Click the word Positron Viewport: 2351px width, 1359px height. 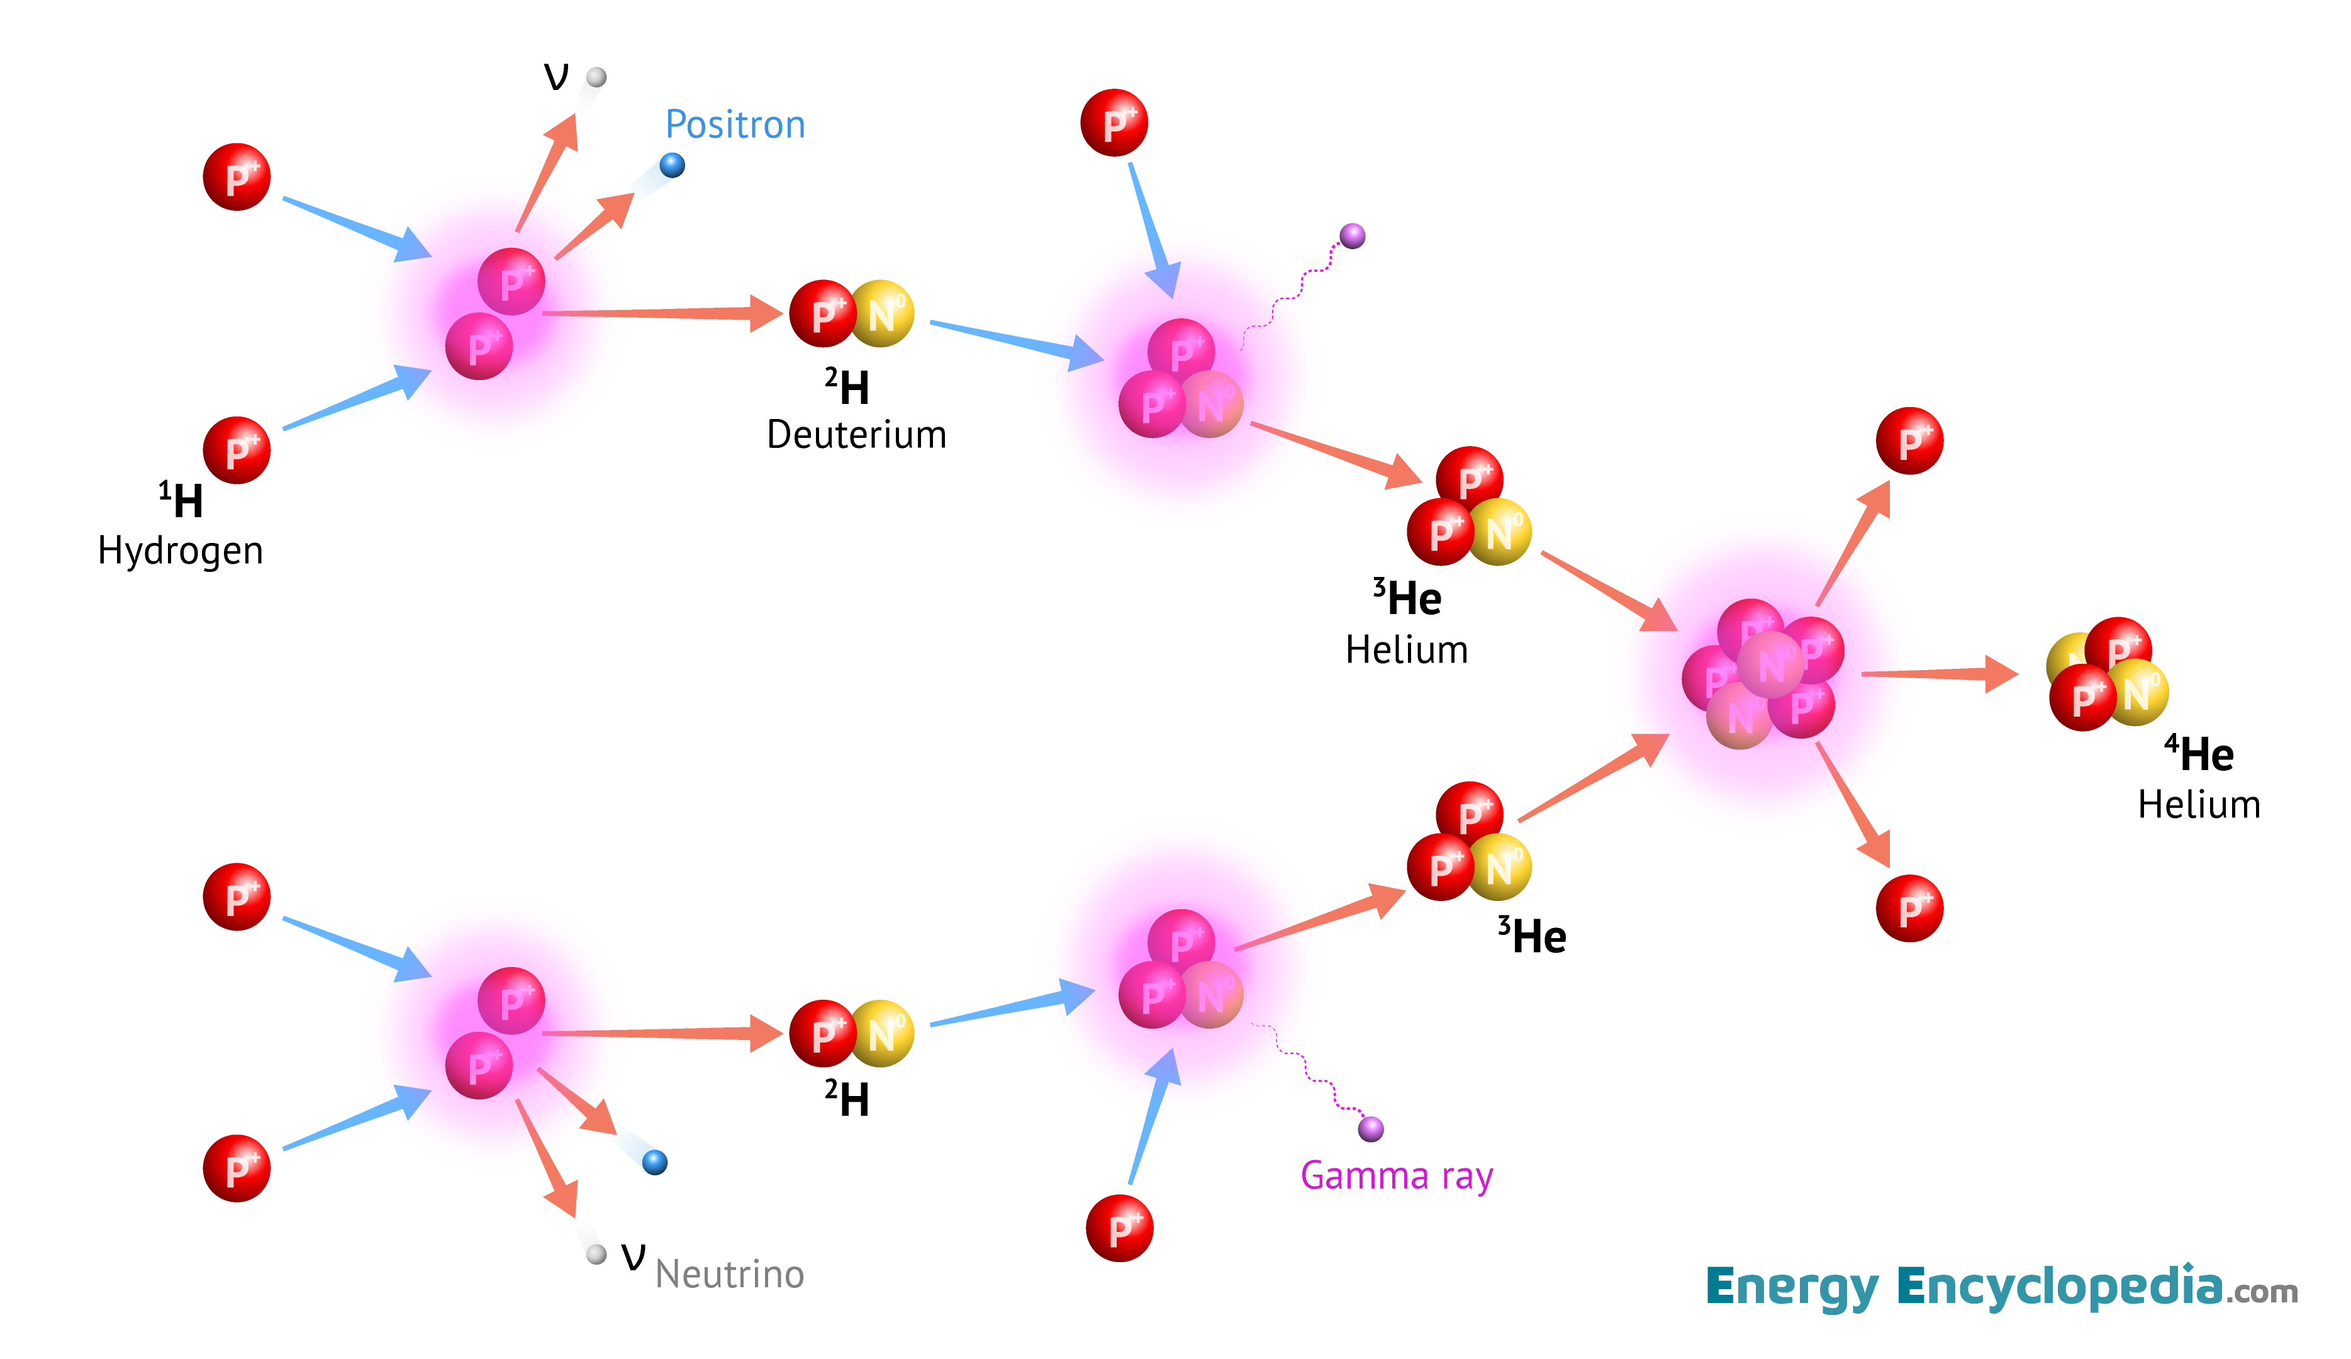(735, 125)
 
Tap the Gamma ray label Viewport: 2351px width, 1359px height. (1397, 1175)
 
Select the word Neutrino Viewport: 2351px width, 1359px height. (730, 1274)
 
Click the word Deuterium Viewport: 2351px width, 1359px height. (856, 435)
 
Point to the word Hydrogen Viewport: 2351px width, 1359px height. (180, 551)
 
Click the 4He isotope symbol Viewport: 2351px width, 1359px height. (2200, 754)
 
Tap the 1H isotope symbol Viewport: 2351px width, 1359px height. (181, 501)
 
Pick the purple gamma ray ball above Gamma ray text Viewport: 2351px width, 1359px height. (1370, 1129)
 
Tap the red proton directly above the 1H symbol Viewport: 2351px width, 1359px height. (237, 450)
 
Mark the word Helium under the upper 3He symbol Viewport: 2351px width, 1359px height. (1407, 650)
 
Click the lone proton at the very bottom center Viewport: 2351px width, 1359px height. (1120, 1228)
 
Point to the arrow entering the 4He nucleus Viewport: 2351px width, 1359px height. (1941, 673)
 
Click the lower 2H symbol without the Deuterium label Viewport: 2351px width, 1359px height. (847, 1099)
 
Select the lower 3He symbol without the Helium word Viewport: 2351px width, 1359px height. (1532, 936)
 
